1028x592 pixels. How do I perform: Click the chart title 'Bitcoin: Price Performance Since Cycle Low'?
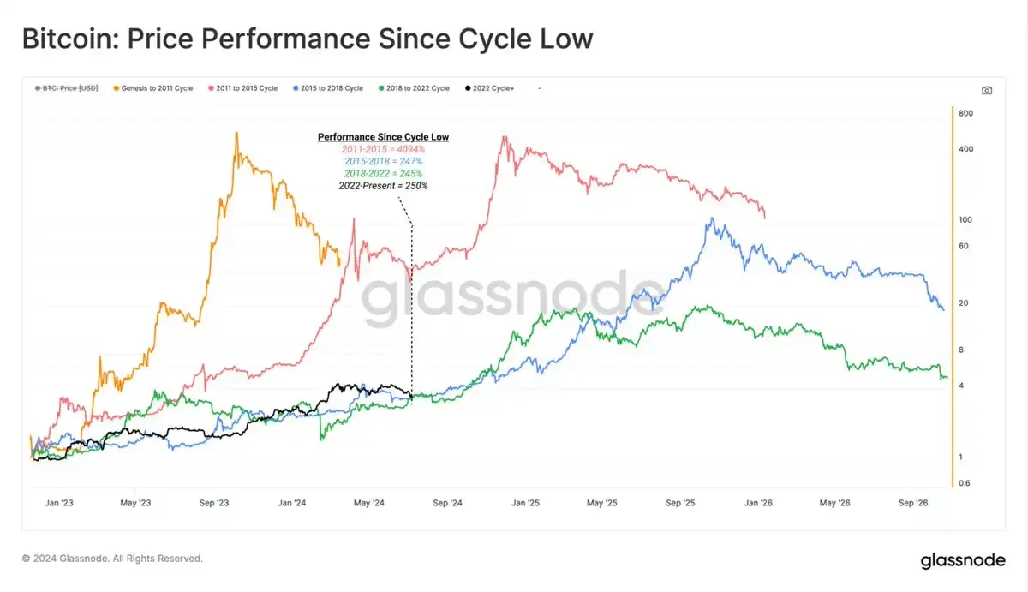coord(307,39)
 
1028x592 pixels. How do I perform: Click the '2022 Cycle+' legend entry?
coord(492,88)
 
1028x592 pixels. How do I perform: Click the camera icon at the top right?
coord(987,90)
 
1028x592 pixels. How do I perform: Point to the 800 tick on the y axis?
coord(965,114)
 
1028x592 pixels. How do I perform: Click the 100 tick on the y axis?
coord(965,220)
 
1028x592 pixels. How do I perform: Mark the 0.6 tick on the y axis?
coord(965,483)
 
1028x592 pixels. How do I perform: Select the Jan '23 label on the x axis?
coord(59,503)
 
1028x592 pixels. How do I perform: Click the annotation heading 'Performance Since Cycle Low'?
coord(383,137)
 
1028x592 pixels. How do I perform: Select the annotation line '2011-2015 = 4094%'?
coord(383,150)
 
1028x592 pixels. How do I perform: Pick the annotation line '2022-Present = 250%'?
coord(383,186)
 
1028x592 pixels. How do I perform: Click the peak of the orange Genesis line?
coord(236,133)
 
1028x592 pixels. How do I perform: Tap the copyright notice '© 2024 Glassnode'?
coord(112,559)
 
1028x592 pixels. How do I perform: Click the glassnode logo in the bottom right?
coord(963,561)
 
